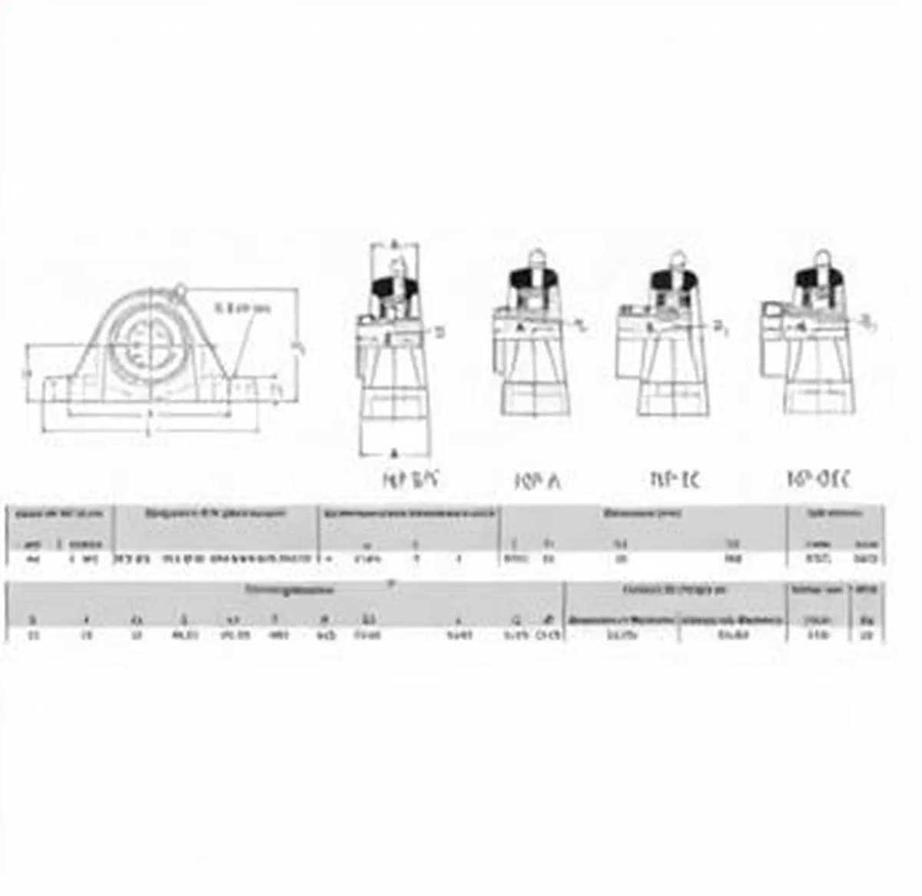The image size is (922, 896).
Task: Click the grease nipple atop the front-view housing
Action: pyautogui.click(x=180, y=290)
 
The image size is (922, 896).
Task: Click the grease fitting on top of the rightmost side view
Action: pyautogui.click(x=821, y=258)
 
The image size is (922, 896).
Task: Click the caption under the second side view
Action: pyautogui.click(x=537, y=481)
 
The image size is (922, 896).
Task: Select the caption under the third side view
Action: pyautogui.click(x=675, y=480)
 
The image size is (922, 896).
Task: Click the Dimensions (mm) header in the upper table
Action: pyautogui.click(x=642, y=513)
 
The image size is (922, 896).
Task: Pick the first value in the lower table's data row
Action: pyautogui.click(x=32, y=635)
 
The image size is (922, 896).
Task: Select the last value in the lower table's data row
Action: pyautogui.click(x=867, y=635)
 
